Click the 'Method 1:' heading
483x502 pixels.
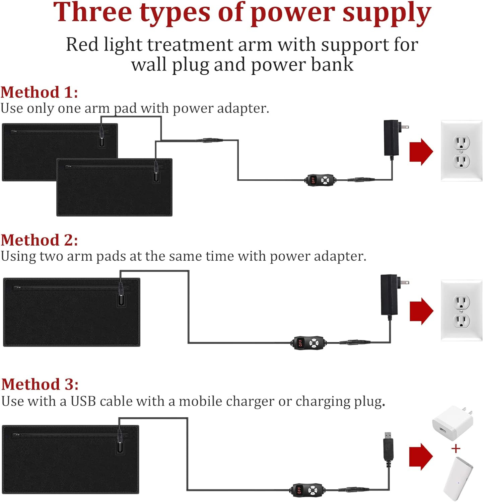click(39, 92)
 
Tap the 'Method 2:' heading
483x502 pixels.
click(39, 240)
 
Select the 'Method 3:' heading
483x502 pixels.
click(40, 385)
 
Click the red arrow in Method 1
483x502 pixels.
click(421, 152)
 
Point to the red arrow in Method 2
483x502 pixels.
click(421, 311)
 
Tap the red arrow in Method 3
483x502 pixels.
click(421, 457)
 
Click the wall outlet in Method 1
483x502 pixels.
click(461, 151)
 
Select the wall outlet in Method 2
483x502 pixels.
click(461, 311)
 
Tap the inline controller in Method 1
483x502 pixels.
click(320, 180)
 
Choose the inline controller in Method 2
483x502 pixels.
click(308, 343)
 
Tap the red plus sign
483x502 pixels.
click(456, 448)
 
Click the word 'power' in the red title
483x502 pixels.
click(293, 13)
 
